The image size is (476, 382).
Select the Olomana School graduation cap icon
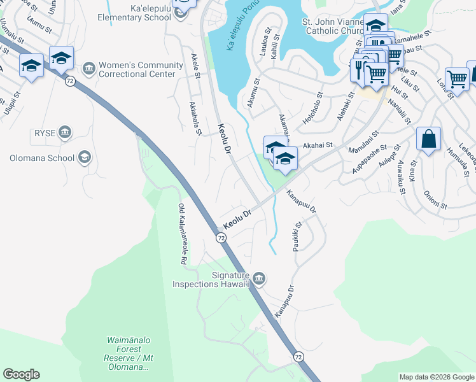(x=84, y=157)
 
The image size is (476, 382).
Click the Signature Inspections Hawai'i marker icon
(x=258, y=278)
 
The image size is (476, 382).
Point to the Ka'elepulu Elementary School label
(x=135, y=13)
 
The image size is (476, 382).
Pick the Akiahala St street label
(x=195, y=119)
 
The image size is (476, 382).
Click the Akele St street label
(x=195, y=67)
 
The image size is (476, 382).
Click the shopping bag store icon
(x=428, y=138)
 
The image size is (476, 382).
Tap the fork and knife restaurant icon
(x=358, y=68)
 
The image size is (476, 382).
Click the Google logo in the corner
(x=21, y=374)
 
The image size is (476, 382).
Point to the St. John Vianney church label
(x=331, y=26)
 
